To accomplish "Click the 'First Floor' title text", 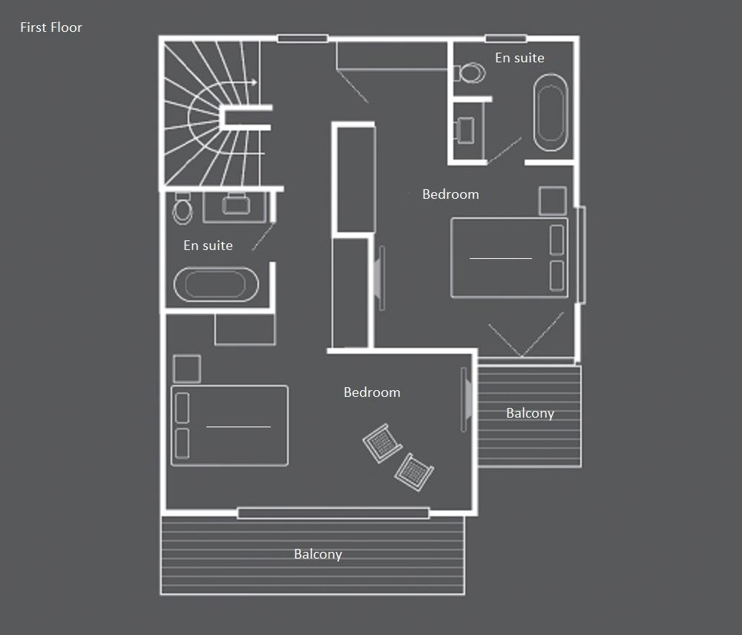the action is click(x=51, y=27).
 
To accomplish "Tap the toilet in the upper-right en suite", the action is click(x=470, y=73).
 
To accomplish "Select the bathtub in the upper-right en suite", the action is click(x=551, y=113).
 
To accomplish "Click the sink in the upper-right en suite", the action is click(x=464, y=130).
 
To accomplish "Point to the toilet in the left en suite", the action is click(x=183, y=208).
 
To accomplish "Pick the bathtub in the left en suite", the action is click(x=216, y=285).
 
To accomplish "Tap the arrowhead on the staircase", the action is click(x=255, y=82).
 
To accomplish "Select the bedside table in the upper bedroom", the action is click(x=553, y=200).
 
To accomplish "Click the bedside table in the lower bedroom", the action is click(x=187, y=369).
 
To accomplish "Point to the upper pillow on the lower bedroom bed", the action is click(x=183, y=408).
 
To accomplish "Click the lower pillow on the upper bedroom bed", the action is click(x=557, y=275).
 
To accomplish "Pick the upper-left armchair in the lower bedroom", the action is click(x=382, y=443).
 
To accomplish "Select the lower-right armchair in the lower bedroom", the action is click(x=414, y=473).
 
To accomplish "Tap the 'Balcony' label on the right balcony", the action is click(x=530, y=413).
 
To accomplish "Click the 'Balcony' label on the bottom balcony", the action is click(x=318, y=555).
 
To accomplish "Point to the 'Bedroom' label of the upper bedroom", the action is click(x=450, y=194).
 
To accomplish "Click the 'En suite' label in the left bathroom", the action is click(x=209, y=246).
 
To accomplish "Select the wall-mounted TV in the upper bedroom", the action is click(x=379, y=278).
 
